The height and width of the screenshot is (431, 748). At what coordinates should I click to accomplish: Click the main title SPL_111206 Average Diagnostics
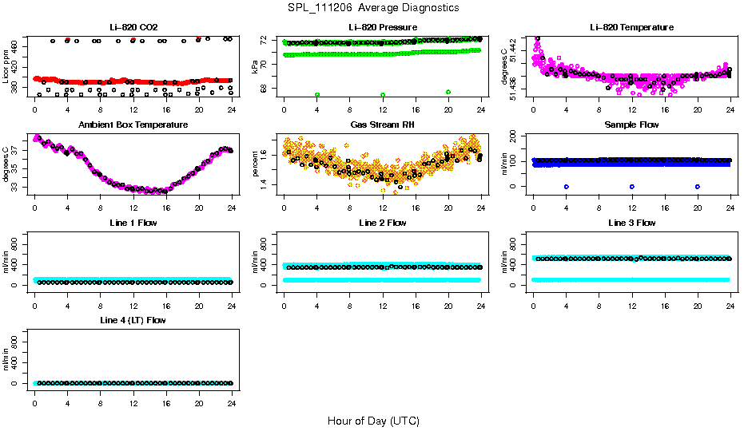tap(374, 8)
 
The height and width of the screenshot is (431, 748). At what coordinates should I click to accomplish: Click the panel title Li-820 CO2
tap(133, 27)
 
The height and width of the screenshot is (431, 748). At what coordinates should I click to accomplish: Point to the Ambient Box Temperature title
tap(133, 125)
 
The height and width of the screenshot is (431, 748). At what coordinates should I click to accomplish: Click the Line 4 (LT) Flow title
tap(133, 320)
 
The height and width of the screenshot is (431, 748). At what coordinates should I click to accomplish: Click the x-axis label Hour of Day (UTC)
tap(373, 421)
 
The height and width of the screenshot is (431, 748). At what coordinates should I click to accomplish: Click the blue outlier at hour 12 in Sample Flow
tap(632, 186)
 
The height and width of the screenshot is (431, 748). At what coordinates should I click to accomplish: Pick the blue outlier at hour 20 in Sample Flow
tap(698, 186)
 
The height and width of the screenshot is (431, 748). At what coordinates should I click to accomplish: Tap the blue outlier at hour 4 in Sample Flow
tap(566, 186)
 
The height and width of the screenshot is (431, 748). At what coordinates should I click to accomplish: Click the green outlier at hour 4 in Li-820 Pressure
tap(317, 94)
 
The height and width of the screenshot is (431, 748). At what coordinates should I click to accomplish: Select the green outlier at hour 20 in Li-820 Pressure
tap(448, 92)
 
